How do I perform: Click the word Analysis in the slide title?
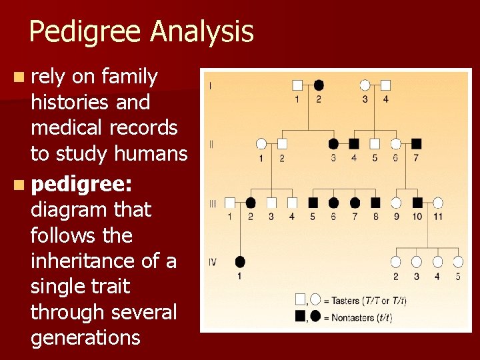(x=203, y=32)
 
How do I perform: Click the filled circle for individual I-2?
(x=319, y=85)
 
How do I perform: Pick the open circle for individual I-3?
(x=365, y=85)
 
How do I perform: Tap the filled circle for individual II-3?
(x=333, y=143)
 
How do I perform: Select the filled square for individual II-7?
(x=416, y=143)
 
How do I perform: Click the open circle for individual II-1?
(x=261, y=143)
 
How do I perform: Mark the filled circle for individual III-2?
(x=251, y=202)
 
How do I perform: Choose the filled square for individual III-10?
(x=417, y=202)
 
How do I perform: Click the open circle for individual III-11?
(x=437, y=202)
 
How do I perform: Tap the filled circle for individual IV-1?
(x=240, y=261)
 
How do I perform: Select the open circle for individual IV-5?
(x=458, y=261)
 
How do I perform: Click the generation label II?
(x=211, y=143)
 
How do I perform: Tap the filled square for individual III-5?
(x=313, y=202)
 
